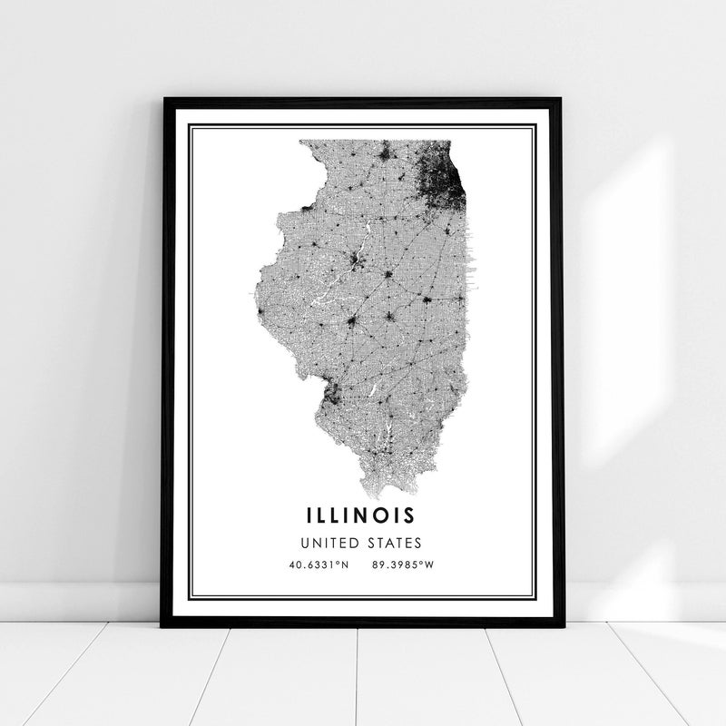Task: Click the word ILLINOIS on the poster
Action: tap(361, 515)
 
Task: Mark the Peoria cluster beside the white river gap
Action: tap(356, 264)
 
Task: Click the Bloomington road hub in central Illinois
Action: tap(388, 274)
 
